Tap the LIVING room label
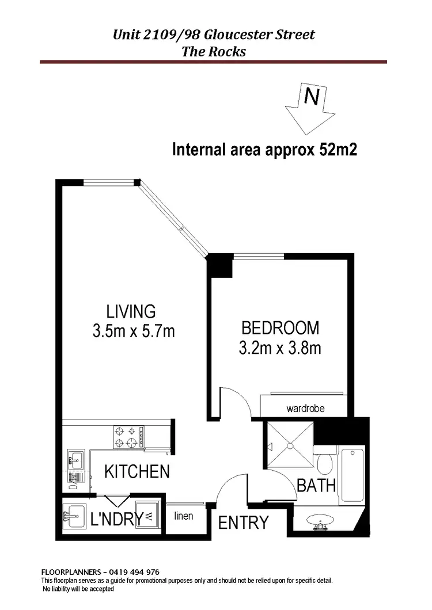click(x=131, y=311)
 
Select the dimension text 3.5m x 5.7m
click(x=133, y=331)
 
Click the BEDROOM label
click(x=280, y=328)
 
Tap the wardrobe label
click(x=305, y=409)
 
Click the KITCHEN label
click(x=137, y=472)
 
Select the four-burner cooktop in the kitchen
click(x=128, y=436)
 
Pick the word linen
click(x=184, y=516)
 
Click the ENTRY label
click(x=244, y=523)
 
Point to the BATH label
click(x=316, y=485)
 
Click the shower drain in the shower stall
click(x=290, y=445)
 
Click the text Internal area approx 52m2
click(x=266, y=150)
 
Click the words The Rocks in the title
click(x=214, y=51)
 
